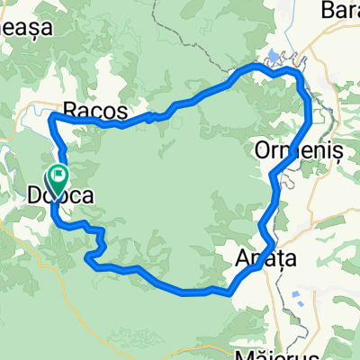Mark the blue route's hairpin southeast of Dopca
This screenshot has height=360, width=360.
point(91,261)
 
